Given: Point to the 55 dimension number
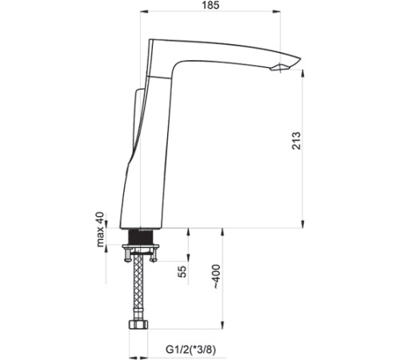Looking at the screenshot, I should pos(182,272).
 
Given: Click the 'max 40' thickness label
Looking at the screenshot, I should pos(101,230).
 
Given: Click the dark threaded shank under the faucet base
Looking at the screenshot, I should pos(143,238).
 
